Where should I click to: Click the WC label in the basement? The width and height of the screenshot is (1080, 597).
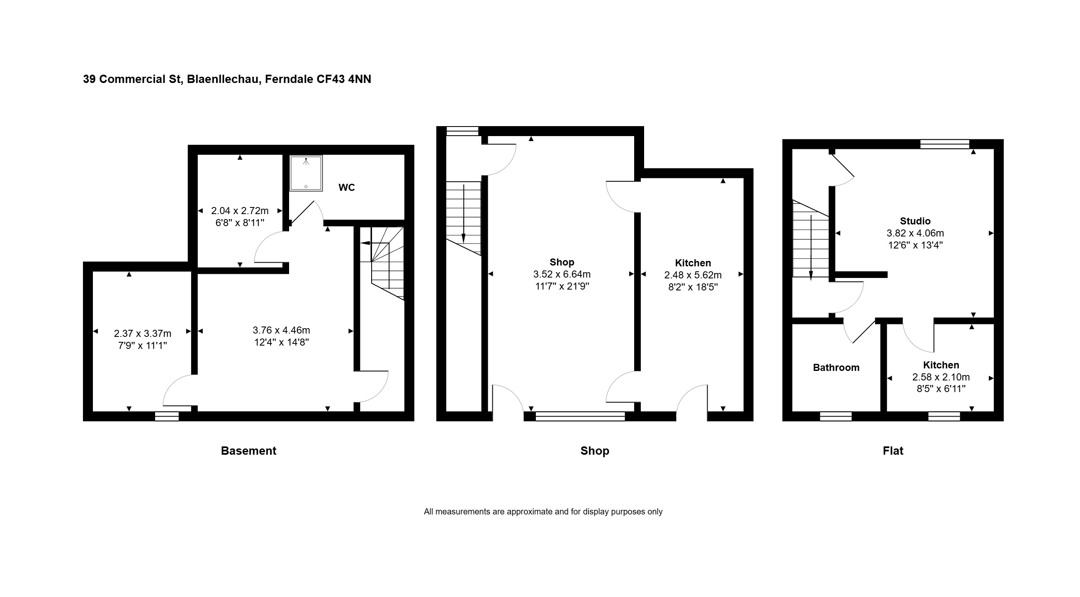[347, 188]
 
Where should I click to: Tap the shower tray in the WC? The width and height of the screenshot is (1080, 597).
[306, 173]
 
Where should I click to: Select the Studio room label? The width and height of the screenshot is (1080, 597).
[915, 221]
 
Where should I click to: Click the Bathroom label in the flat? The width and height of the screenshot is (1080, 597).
[836, 368]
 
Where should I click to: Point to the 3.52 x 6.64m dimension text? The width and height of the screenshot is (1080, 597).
[562, 274]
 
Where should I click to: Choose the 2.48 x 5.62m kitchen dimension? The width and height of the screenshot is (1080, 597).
[693, 275]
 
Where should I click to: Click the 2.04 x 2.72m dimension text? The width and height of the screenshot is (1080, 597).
[240, 210]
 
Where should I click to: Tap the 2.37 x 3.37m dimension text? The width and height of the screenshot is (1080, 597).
[143, 333]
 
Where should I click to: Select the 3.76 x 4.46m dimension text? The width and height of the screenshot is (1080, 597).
[281, 330]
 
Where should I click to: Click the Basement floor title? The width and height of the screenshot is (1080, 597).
[248, 451]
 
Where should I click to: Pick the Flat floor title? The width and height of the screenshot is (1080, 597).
[893, 451]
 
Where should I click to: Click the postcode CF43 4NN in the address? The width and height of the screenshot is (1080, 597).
[344, 79]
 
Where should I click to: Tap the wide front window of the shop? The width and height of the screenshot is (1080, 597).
[580, 416]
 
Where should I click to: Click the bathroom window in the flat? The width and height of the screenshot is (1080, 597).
[836, 416]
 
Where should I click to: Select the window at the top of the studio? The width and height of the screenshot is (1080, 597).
[945, 144]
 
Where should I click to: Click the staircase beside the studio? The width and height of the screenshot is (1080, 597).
[810, 239]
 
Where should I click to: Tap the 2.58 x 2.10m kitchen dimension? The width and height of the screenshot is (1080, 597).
[941, 377]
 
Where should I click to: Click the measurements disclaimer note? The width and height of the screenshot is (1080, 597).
[543, 512]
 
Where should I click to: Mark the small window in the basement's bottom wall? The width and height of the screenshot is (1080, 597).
[167, 416]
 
